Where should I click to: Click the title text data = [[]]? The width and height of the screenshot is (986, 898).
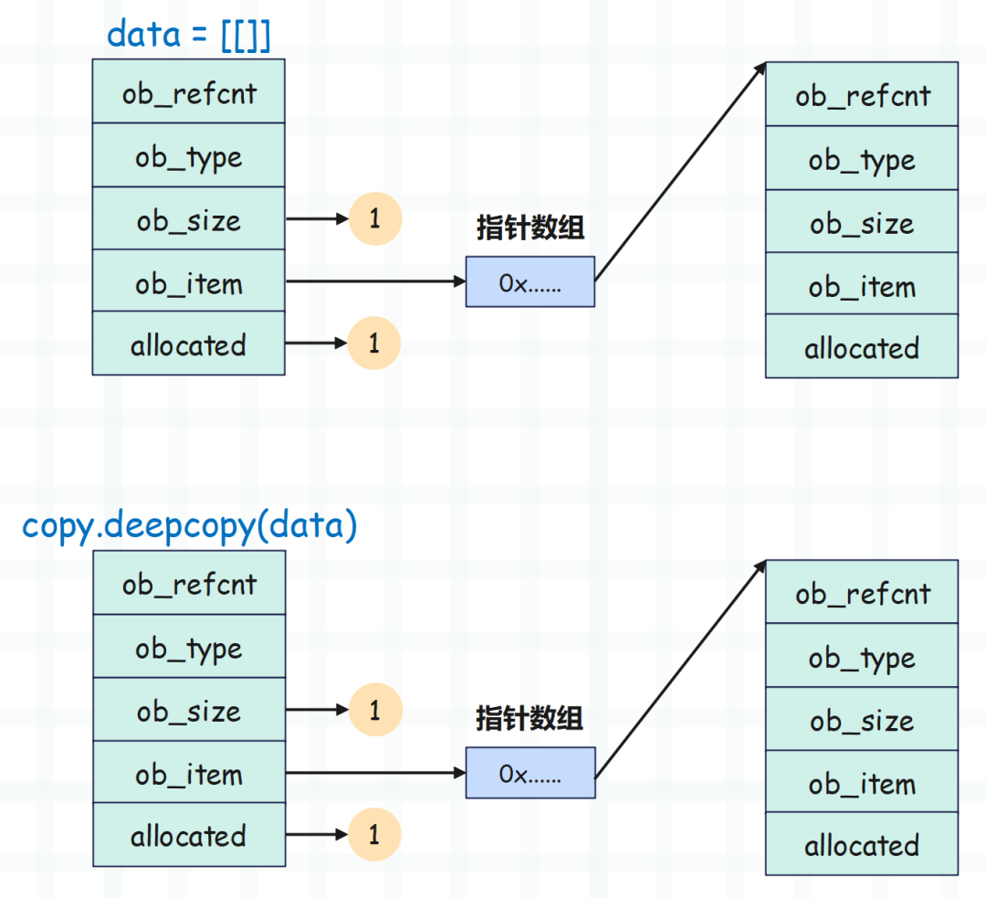pos(189,35)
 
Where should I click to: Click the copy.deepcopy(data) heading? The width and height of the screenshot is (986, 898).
pos(189,526)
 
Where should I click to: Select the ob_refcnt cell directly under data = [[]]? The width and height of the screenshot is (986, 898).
pos(189,92)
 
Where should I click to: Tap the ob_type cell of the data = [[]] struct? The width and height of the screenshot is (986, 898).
pos(189,155)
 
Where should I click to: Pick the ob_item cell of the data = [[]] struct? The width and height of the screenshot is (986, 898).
pos(189,280)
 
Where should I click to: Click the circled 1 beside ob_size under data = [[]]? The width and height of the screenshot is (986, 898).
pos(375,219)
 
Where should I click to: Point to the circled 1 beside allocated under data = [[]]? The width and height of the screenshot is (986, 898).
pos(374,343)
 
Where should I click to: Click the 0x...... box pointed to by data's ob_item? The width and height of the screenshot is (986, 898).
pos(530,282)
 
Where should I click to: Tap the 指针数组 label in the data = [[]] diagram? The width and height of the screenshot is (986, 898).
pos(530,227)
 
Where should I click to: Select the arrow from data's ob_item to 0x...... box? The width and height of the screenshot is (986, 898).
pos(375,281)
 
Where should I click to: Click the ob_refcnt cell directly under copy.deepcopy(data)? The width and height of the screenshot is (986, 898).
pos(189,583)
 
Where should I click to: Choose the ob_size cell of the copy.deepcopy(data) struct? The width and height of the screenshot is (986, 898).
pos(189,710)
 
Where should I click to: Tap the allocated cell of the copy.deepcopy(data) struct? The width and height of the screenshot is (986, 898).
pos(189,835)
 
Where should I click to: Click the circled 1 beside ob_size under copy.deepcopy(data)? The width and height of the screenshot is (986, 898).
pos(375,710)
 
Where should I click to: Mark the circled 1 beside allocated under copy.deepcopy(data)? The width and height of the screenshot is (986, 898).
pos(374,834)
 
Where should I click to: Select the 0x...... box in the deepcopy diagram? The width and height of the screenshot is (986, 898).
pos(530,773)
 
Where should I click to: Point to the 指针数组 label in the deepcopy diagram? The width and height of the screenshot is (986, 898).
pos(530,718)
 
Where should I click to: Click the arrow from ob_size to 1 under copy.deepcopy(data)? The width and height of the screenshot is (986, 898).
pos(317,710)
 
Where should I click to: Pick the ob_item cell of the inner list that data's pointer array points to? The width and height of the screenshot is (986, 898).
pos(862,284)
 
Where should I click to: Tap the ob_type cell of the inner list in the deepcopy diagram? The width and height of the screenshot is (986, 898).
pos(862,656)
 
